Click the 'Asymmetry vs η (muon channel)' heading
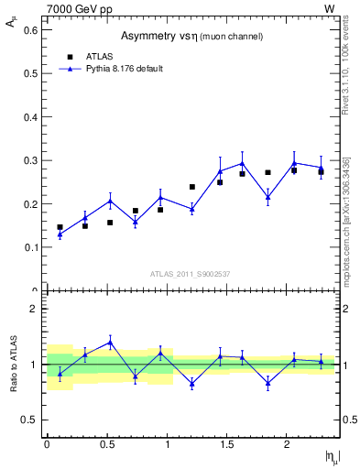click(x=191, y=36)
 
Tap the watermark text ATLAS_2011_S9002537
click(x=191, y=274)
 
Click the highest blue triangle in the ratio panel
click(x=110, y=343)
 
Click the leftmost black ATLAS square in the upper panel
click(x=60, y=227)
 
